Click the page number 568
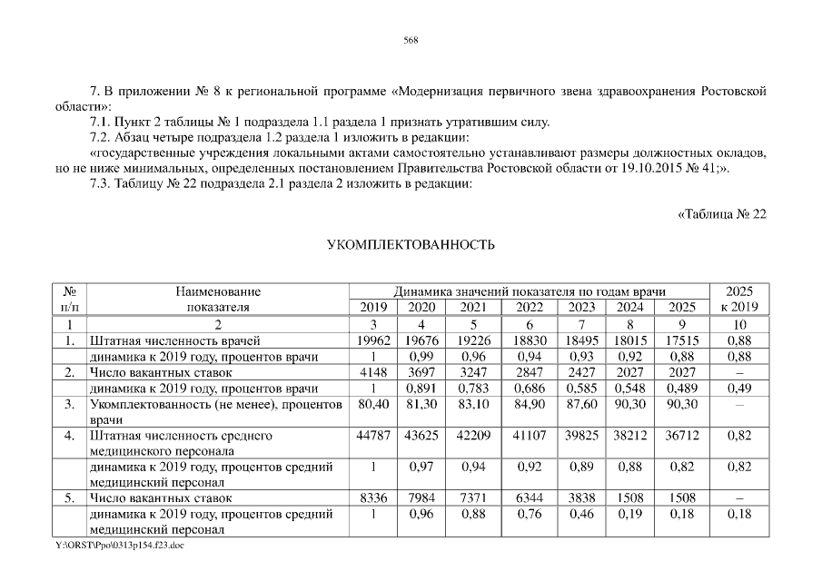[411, 40]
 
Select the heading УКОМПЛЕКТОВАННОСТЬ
[411, 245]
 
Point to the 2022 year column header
[530, 307]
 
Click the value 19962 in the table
[374, 340]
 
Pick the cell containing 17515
[681, 340]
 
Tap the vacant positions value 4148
[374, 372]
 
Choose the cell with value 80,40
[374, 403]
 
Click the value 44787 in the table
[374, 435]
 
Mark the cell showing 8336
[374, 498]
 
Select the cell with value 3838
[581, 498]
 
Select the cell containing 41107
[530, 435]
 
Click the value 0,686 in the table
[530, 388]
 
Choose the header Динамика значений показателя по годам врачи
[530, 291]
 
